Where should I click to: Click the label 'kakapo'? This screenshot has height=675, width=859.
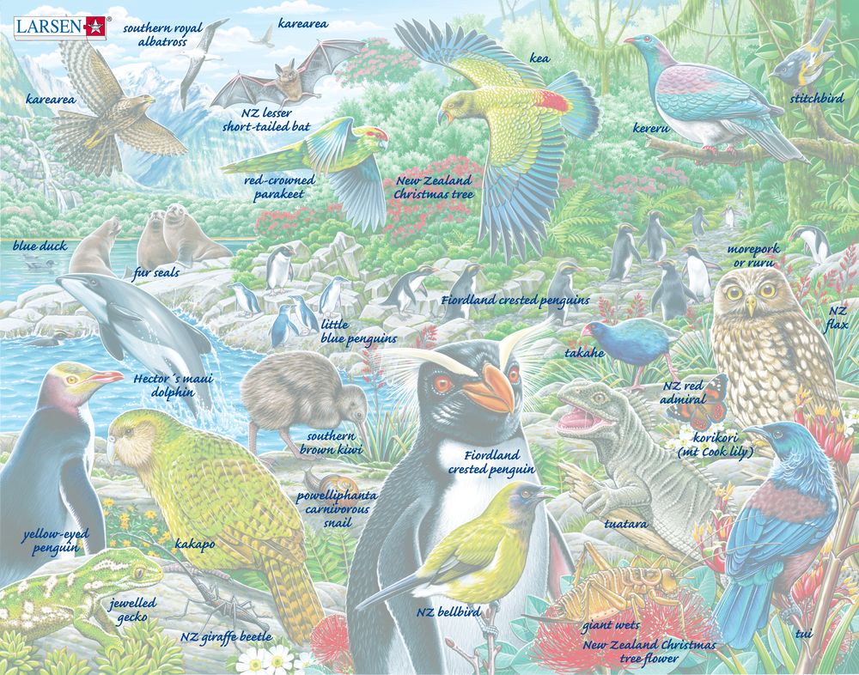pyautogui.click(x=194, y=544)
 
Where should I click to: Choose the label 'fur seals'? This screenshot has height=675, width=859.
pyautogui.click(x=155, y=274)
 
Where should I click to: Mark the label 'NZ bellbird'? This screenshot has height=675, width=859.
pyautogui.click(x=448, y=611)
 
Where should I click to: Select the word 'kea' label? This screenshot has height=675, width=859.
pyautogui.click(x=540, y=58)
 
